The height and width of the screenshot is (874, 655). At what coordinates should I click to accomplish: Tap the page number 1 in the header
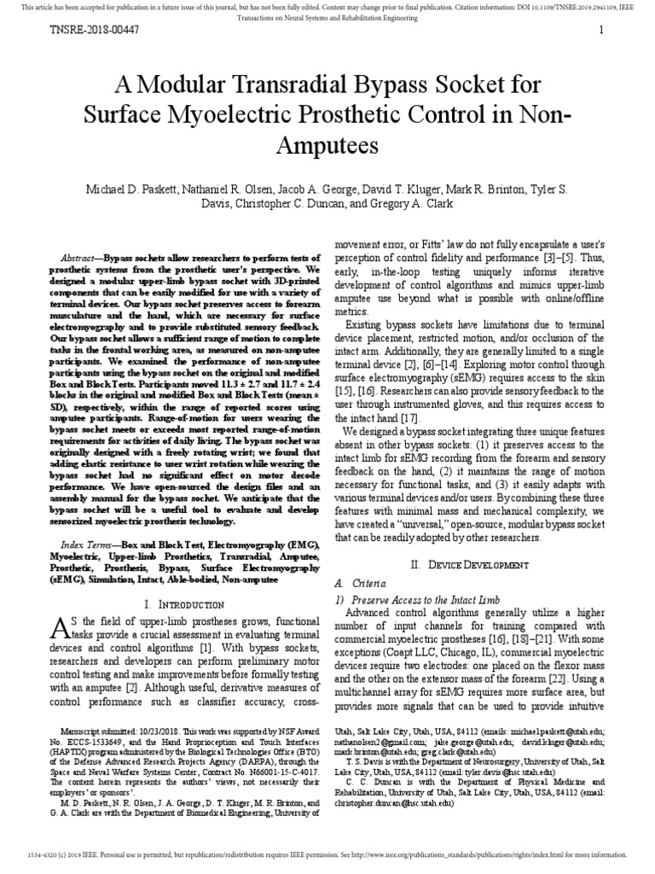point(601,31)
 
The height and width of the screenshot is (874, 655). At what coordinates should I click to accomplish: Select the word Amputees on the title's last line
point(327,144)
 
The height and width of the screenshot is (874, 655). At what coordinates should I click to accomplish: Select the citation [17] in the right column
point(406,418)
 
